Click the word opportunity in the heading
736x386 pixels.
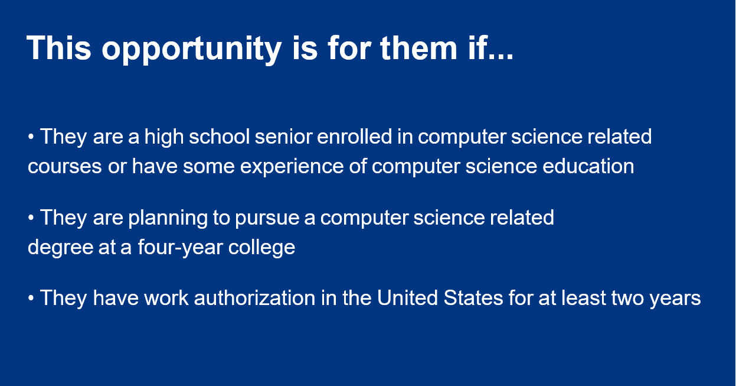point(192,50)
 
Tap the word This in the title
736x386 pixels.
point(59,47)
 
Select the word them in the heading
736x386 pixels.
point(419,47)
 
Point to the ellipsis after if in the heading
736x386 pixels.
point(501,57)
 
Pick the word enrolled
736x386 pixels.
point(355,136)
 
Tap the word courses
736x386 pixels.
point(65,167)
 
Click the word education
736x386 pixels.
point(588,166)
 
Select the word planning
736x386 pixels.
point(168,219)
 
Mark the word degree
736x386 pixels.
point(60,248)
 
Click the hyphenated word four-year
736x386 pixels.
point(180,248)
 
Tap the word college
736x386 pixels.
point(261,248)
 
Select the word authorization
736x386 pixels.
point(254,298)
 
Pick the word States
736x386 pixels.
point(473,298)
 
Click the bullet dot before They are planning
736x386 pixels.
point(31,218)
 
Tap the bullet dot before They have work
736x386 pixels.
point(31,299)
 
